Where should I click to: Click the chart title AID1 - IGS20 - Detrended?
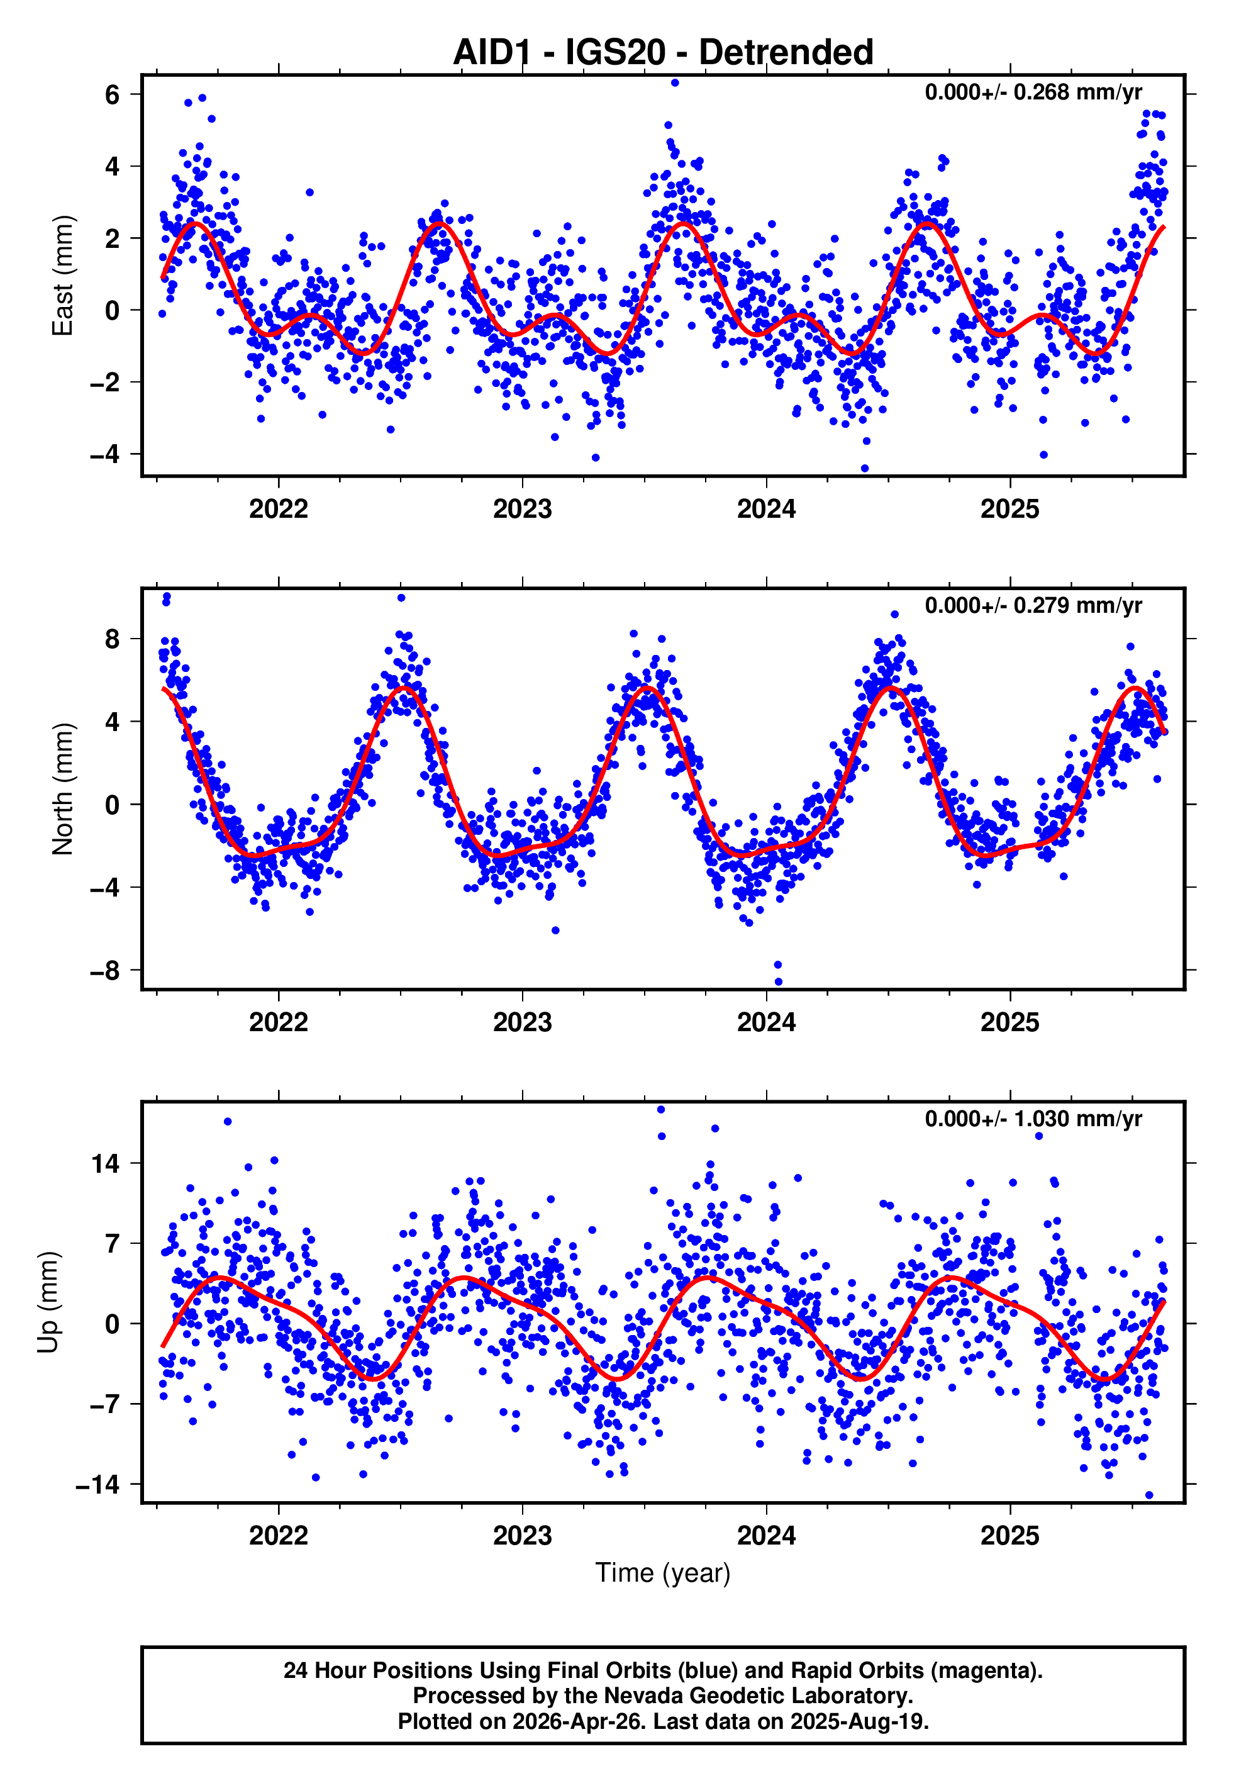(x=663, y=53)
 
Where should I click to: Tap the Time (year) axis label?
(x=663, y=1573)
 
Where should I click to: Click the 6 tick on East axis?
(x=112, y=94)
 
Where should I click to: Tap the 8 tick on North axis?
(x=112, y=639)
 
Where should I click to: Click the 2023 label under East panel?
(x=522, y=509)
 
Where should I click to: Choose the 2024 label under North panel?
(x=765, y=1022)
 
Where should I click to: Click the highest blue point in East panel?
(x=675, y=82)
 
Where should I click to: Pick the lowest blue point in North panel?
(x=778, y=982)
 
